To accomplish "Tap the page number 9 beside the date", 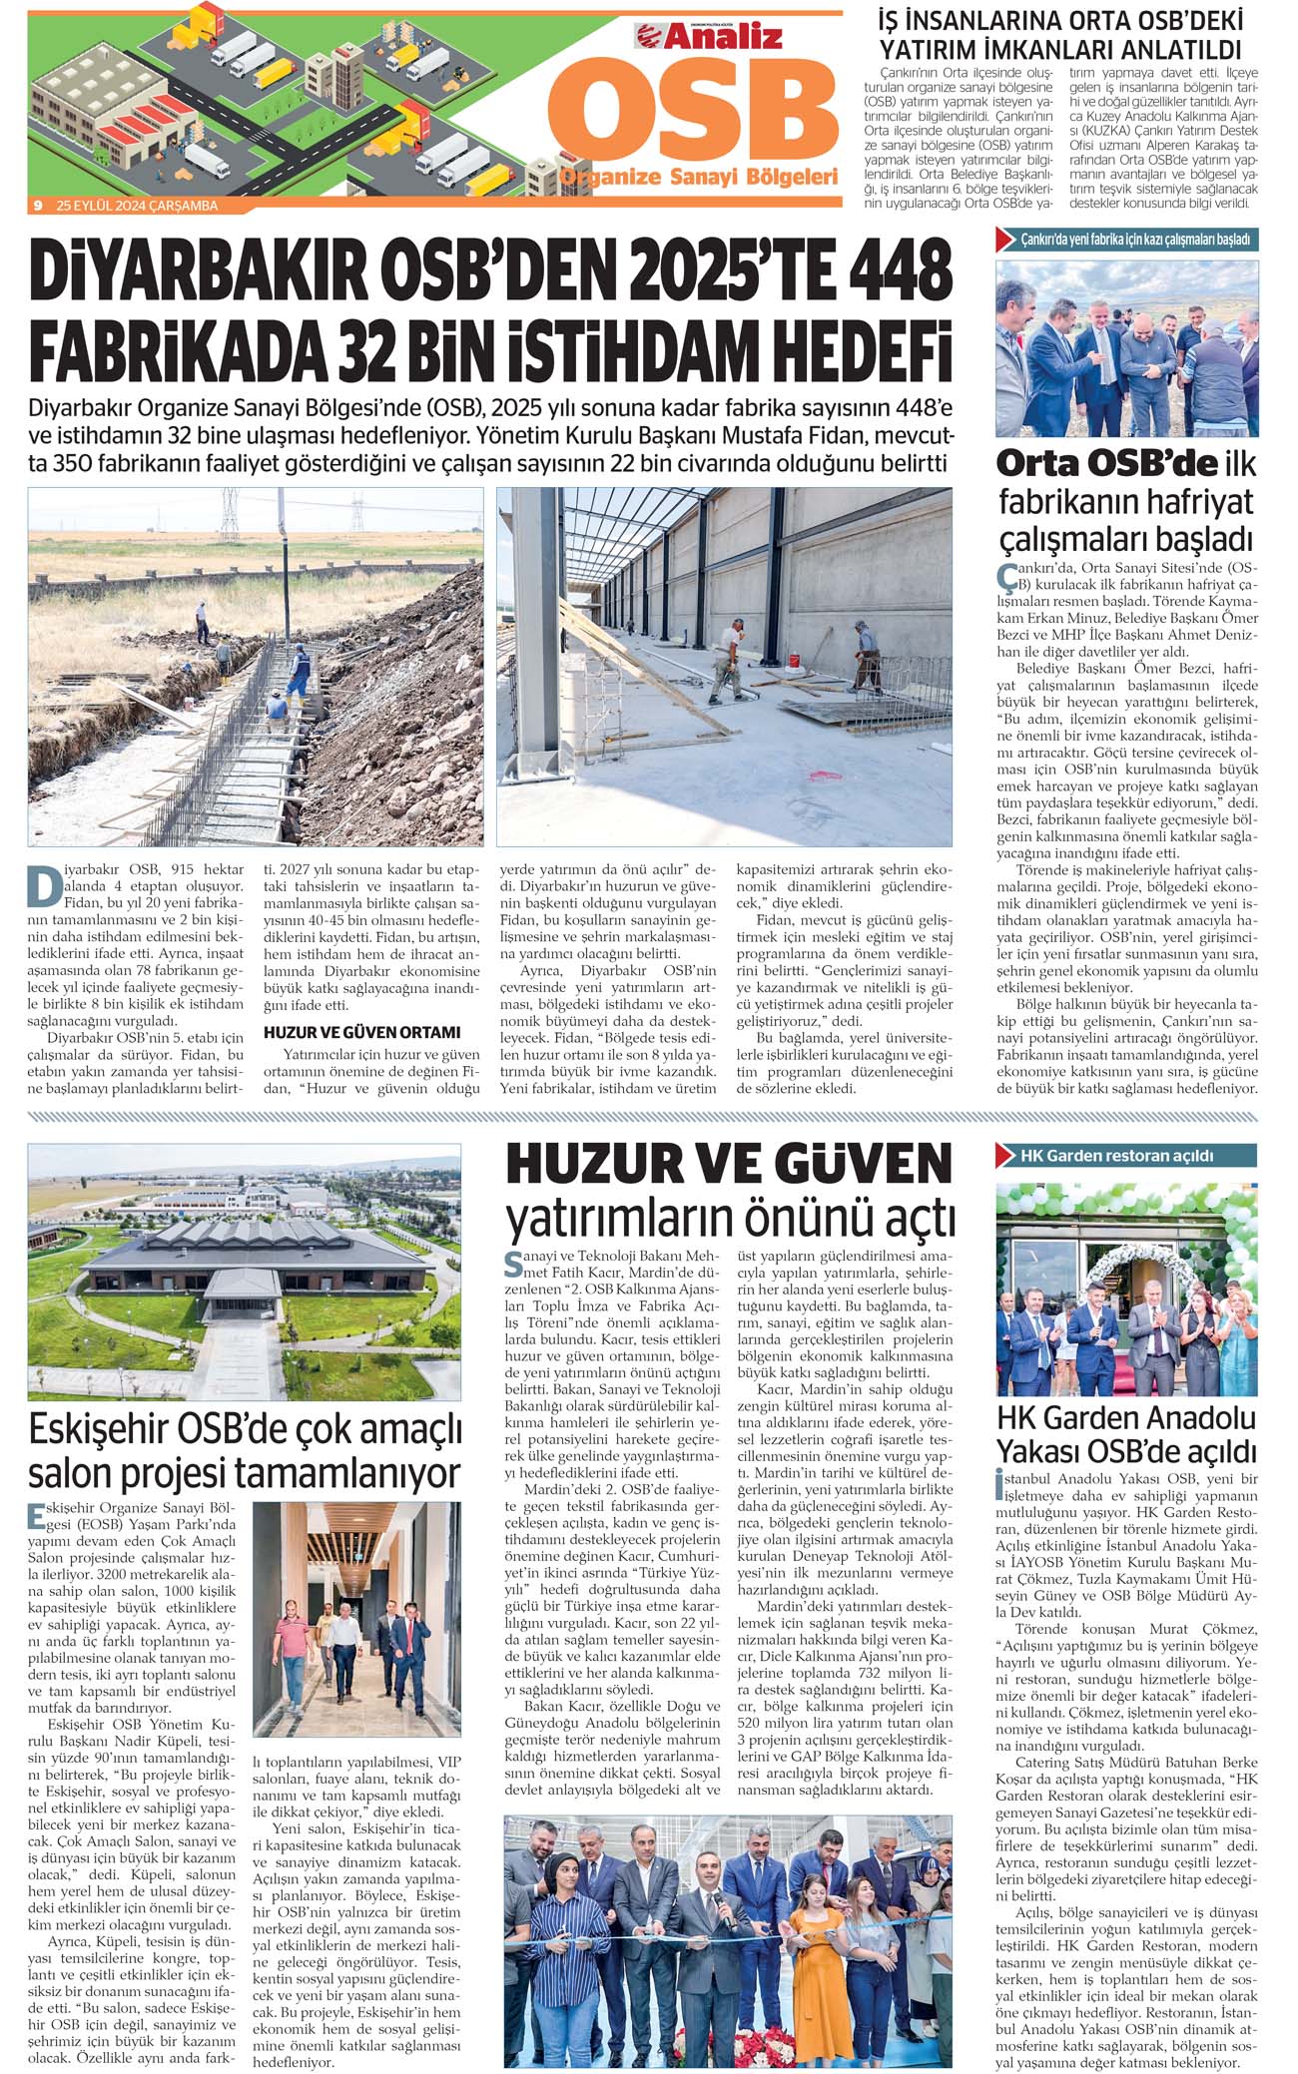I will click(37, 206).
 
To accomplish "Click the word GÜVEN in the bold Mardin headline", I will click(859, 1165).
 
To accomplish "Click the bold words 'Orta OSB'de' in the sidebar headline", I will click(1106, 463).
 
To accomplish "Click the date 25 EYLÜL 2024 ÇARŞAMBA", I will click(137, 206).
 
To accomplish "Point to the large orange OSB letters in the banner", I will click(693, 115).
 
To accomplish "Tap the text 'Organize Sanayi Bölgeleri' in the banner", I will click(698, 178).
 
